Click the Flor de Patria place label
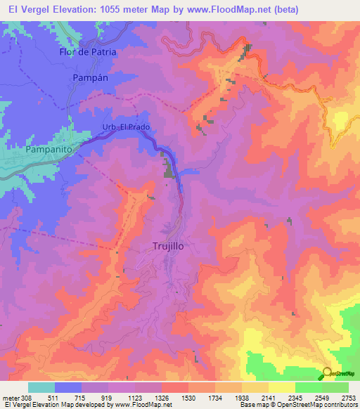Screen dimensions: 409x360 point(87,52)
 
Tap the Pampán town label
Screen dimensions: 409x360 point(91,77)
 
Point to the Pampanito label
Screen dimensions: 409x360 point(49,150)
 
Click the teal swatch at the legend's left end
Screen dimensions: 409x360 point(41,387)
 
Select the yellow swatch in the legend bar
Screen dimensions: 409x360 point(281,387)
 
